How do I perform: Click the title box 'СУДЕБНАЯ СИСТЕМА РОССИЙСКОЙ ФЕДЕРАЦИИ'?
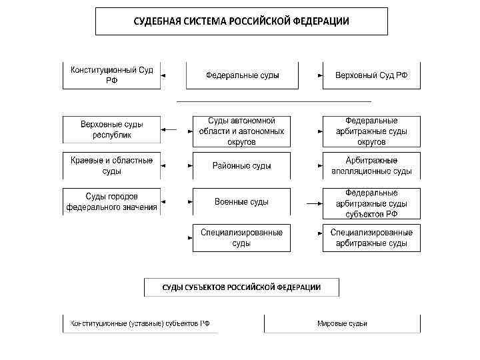click(241, 21)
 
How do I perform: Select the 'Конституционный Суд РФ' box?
click(112, 75)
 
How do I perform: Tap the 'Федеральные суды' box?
click(242, 75)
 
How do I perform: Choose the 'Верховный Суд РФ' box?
click(371, 75)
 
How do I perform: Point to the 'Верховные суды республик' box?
click(112, 129)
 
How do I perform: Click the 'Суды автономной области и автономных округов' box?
click(242, 131)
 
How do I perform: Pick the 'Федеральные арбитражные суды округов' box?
click(371, 131)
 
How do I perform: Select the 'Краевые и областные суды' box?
click(112, 165)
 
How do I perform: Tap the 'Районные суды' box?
click(242, 165)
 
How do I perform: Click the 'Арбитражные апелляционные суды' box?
click(371, 165)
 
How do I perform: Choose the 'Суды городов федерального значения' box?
click(112, 201)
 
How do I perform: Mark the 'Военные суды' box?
click(242, 201)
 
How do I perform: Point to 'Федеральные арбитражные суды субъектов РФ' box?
click(371, 203)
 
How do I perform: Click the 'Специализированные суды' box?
click(242, 238)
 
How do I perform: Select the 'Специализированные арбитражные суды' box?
click(371, 238)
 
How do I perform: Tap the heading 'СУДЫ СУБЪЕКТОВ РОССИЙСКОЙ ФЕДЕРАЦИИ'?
click(242, 287)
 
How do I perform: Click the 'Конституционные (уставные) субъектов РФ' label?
click(140, 323)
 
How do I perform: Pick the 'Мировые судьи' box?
click(342, 323)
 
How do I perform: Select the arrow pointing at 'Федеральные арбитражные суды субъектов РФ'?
click(311, 201)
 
